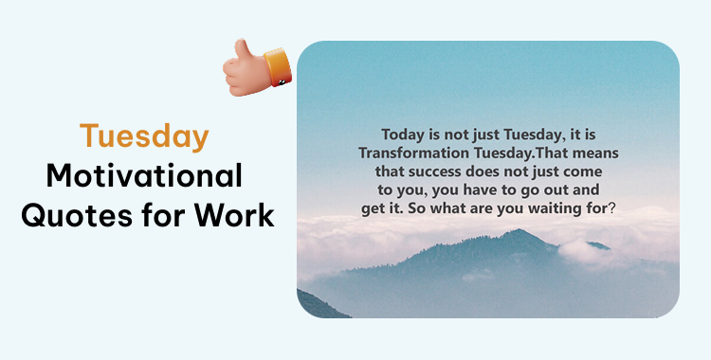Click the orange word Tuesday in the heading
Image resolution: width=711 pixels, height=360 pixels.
(x=144, y=136)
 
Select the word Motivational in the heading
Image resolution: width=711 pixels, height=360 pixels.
(x=145, y=176)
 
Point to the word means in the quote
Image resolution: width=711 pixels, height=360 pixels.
(x=597, y=152)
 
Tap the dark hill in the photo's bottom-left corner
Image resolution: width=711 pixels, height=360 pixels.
(x=318, y=305)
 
